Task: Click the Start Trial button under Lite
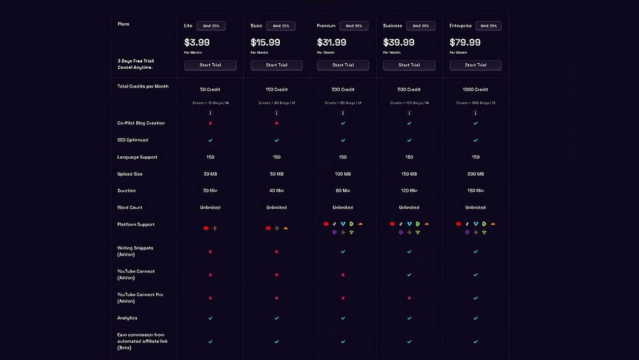pos(210,65)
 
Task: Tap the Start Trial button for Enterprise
pos(475,65)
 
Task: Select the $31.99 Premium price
pos(332,42)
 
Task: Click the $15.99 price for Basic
pos(265,42)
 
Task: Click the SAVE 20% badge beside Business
pos(420,26)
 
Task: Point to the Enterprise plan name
pos(460,26)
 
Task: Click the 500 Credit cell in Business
pos(409,89)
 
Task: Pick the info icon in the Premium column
pos(343,113)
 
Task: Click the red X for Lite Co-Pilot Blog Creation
pos(211,123)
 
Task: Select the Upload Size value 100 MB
pos(343,174)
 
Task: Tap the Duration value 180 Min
pos(475,191)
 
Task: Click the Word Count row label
pos(130,207)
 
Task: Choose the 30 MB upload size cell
pos(211,174)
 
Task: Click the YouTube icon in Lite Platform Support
pos(206,228)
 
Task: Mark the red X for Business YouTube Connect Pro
pos(409,298)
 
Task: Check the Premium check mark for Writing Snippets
pos(343,251)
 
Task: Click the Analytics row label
pos(127,318)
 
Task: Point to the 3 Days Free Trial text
pos(136,61)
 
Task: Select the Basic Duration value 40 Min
pos(277,191)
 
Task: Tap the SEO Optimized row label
pos(132,140)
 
